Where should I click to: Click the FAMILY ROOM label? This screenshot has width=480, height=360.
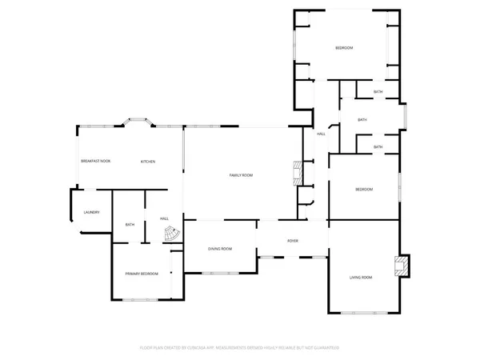click(x=241, y=175)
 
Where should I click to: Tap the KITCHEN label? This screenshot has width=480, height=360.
click(x=148, y=162)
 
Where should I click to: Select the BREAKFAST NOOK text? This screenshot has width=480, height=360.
click(x=95, y=162)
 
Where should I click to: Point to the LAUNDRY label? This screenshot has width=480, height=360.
click(x=91, y=212)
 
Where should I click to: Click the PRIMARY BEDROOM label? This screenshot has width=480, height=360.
click(x=142, y=274)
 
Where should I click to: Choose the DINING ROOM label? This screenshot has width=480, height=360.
click(x=220, y=249)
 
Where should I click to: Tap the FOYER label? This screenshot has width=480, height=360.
click(x=293, y=240)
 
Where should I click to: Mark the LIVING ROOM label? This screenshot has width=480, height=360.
click(x=361, y=277)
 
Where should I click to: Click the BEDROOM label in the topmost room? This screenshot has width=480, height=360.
click(x=343, y=49)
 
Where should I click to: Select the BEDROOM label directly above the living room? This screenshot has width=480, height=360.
click(x=364, y=189)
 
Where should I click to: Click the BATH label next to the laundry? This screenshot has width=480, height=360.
click(x=130, y=225)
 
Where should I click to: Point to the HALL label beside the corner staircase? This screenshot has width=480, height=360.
click(x=164, y=218)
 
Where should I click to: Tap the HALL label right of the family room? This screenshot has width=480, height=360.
click(x=319, y=134)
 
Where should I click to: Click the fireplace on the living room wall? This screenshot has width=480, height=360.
click(x=404, y=266)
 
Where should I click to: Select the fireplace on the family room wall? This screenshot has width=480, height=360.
click(x=297, y=172)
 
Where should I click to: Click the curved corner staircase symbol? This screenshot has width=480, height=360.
click(x=171, y=235)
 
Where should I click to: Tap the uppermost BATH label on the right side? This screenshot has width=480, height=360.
click(x=378, y=92)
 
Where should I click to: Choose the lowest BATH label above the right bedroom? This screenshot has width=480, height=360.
click(x=378, y=147)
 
